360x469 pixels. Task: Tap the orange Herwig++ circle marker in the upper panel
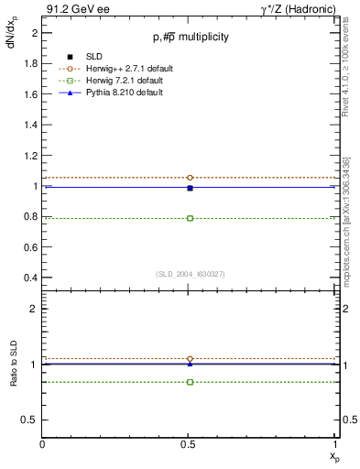click(x=190, y=178)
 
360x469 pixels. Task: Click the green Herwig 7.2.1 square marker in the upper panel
click(x=190, y=218)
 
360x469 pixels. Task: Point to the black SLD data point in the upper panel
click(x=190, y=188)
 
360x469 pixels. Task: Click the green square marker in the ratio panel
click(x=190, y=381)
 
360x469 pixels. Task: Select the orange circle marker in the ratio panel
click(x=190, y=359)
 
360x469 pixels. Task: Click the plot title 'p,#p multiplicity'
click(x=191, y=37)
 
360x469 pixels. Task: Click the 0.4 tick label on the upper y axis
click(x=29, y=278)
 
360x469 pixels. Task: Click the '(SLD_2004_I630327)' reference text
click(x=191, y=274)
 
